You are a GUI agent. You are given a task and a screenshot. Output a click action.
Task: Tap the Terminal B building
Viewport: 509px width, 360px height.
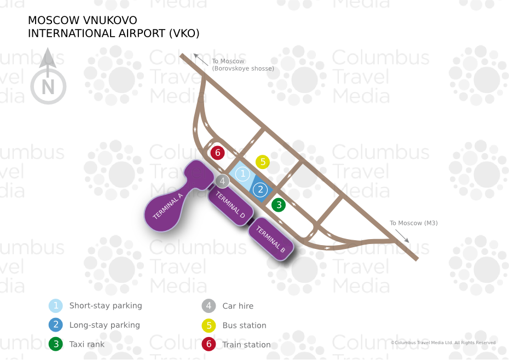tap(271, 239)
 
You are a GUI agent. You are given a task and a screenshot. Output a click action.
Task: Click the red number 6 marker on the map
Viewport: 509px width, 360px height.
tap(217, 153)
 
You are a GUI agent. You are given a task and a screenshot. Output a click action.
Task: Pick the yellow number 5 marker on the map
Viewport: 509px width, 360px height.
tap(263, 161)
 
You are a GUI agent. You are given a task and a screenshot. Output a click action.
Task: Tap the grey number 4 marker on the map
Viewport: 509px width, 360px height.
tap(222, 181)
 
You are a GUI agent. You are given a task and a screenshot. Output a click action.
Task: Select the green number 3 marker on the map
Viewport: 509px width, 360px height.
tap(279, 205)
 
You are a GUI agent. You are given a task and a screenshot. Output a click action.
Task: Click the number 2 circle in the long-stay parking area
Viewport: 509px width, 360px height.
tap(261, 190)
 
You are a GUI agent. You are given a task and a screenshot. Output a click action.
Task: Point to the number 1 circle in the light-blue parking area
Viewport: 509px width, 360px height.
tap(242, 174)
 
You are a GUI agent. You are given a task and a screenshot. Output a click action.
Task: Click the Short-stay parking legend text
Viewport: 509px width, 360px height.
tap(106, 306)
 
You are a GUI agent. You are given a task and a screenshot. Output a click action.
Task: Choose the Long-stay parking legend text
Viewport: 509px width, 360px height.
tap(105, 325)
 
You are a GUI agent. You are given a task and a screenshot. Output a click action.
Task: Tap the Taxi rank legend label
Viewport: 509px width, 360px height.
tap(86, 344)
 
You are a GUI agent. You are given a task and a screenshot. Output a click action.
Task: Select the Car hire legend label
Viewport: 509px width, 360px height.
tap(238, 306)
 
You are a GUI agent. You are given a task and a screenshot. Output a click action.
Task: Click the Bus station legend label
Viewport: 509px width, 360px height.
tap(244, 326)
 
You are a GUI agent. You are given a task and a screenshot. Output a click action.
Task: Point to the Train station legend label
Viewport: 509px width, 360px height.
tap(246, 345)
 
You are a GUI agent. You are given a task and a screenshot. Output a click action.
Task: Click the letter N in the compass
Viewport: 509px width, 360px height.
tap(48, 87)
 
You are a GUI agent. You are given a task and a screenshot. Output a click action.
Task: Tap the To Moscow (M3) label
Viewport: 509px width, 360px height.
tap(414, 223)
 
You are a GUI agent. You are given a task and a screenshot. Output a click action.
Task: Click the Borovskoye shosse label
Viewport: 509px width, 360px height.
tap(243, 68)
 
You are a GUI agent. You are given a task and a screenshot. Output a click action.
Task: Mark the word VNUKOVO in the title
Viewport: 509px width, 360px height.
tap(110, 20)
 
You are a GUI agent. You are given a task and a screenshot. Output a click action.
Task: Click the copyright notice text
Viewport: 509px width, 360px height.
tap(443, 342)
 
